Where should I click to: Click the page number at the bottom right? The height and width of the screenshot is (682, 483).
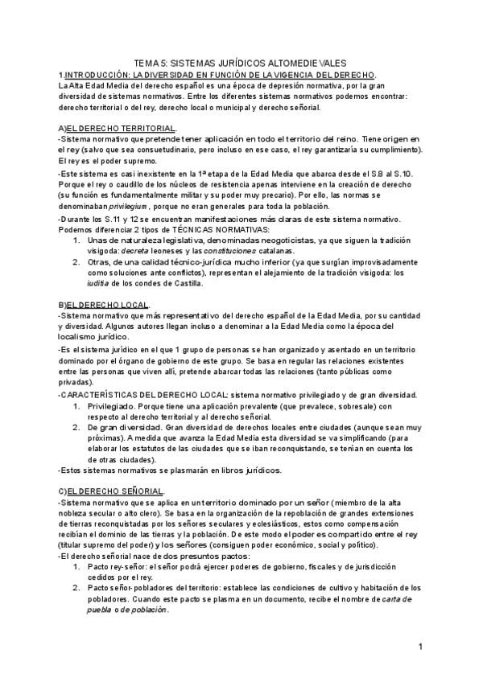click(x=421, y=647)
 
